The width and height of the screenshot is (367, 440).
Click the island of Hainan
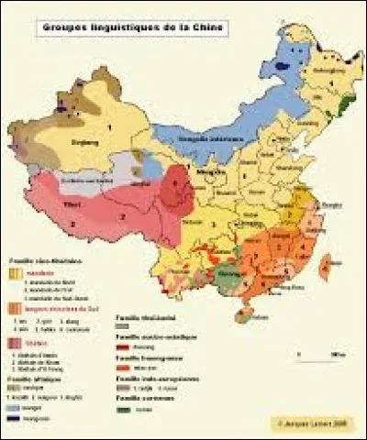[242, 314]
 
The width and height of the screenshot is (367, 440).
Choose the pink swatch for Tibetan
[16, 342]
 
